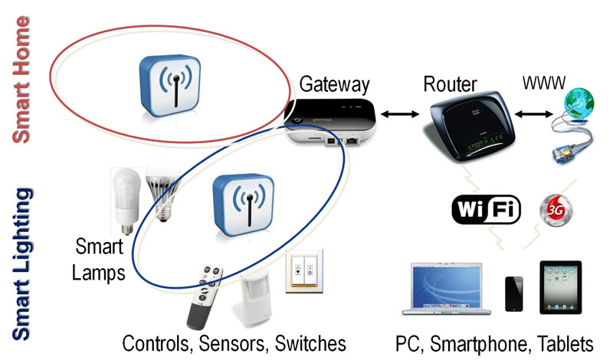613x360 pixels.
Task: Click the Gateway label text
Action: (335, 83)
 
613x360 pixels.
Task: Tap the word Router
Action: (451, 83)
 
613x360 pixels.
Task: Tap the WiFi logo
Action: (487, 209)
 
